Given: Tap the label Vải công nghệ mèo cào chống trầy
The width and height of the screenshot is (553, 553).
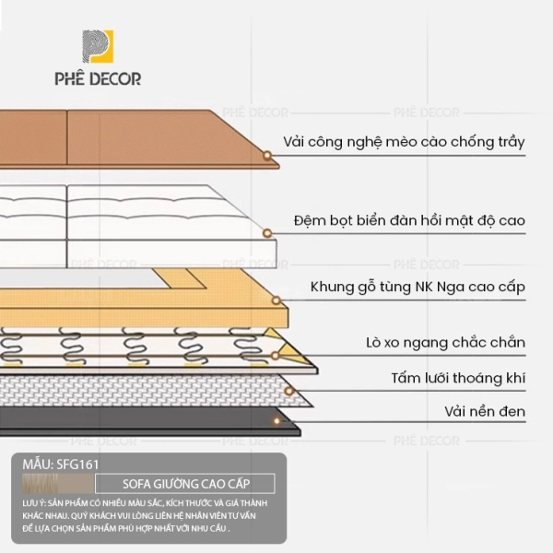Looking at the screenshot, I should (404, 142).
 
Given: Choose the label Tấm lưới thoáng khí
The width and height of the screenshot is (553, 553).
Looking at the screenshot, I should (451, 379).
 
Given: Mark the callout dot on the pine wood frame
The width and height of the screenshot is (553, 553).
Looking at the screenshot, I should (276, 300).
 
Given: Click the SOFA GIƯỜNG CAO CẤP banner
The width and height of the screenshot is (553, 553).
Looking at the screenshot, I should (185, 483).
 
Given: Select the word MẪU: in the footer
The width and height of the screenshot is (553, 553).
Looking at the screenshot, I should (36, 464).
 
